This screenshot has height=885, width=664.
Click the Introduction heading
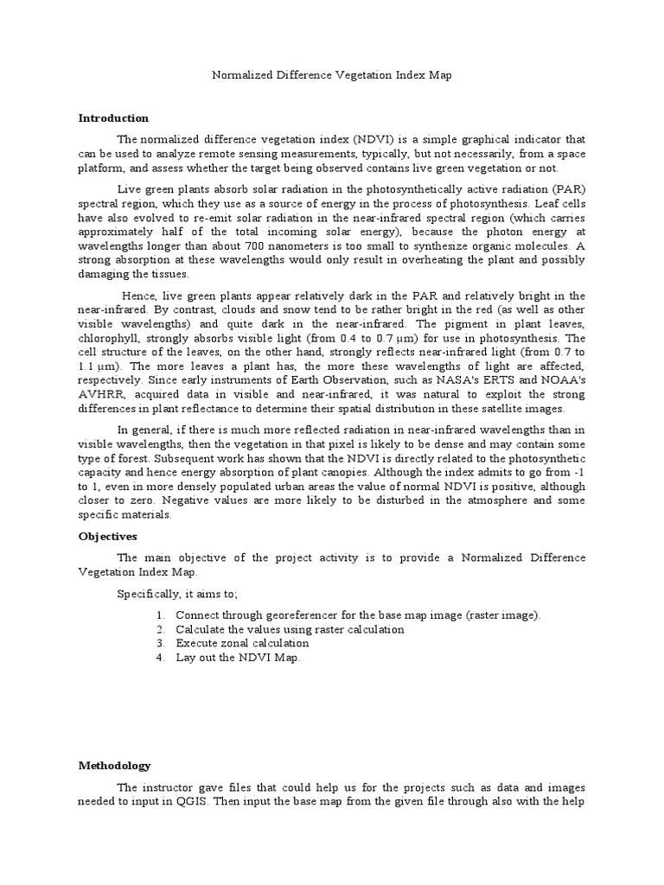click(x=113, y=118)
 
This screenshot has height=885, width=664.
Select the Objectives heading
click(x=109, y=536)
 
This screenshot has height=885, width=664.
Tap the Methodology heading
click(x=114, y=766)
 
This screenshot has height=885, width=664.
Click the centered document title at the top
click(x=332, y=75)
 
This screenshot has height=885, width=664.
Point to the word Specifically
click(x=149, y=594)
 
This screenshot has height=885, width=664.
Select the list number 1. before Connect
click(x=161, y=615)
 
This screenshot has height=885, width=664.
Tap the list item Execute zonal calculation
click(x=242, y=644)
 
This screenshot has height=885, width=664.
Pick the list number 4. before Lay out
click(x=161, y=658)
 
